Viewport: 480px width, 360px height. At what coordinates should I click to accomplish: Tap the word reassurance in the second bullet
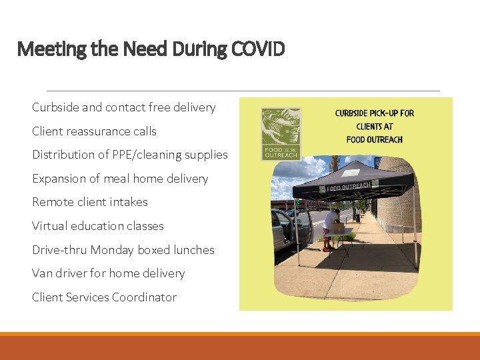98,131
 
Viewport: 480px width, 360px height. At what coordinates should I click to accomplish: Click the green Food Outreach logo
281,133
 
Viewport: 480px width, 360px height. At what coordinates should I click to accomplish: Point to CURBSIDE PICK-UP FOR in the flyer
374,113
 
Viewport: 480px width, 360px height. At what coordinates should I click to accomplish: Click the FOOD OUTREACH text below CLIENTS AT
374,139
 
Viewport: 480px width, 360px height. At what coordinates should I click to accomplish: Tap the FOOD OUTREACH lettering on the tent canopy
347,186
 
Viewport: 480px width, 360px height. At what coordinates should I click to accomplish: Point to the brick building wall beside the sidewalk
399,200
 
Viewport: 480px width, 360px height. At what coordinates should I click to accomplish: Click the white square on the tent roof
346,170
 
